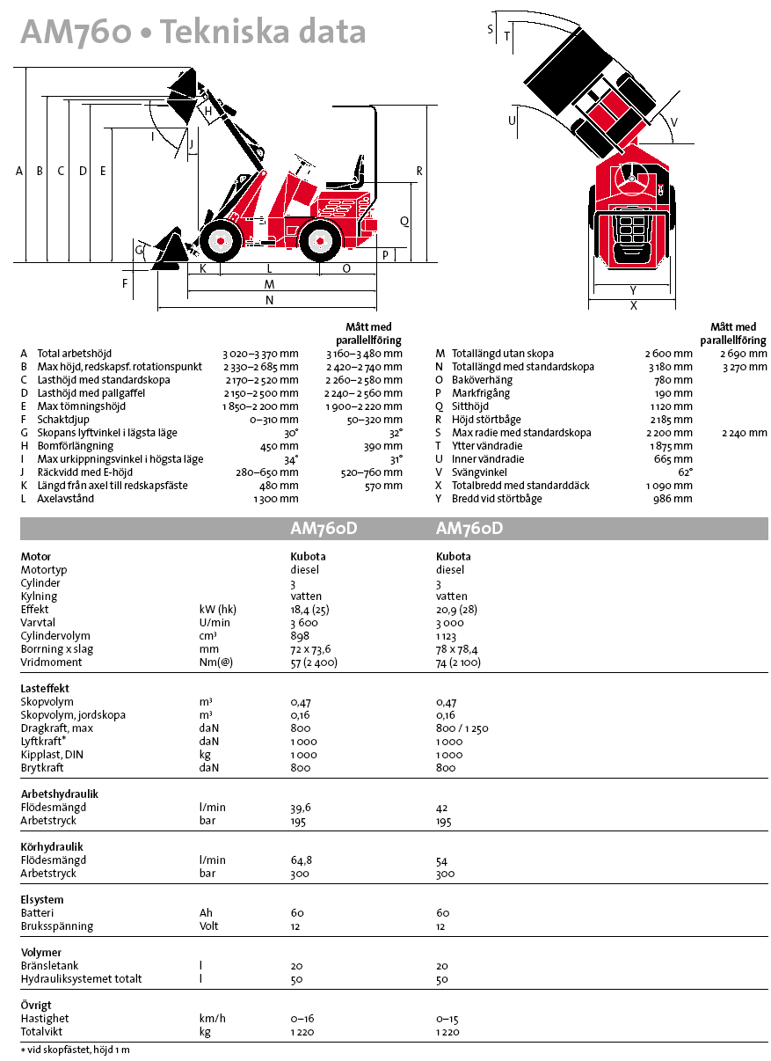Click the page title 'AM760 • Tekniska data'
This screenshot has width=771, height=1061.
click(x=193, y=33)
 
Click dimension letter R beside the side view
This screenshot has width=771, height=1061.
click(x=420, y=171)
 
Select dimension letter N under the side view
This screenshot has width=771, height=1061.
click(x=269, y=300)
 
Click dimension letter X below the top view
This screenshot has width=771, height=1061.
click(x=633, y=305)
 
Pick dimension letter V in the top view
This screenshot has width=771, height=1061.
click(x=674, y=121)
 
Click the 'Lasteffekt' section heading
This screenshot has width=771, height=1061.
click(x=45, y=688)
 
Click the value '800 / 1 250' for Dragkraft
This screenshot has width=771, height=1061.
click(x=462, y=728)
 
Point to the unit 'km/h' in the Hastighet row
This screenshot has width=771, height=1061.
click(x=213, y=1018)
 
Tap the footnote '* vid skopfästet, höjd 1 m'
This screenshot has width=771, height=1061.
click(x=76, y=1050)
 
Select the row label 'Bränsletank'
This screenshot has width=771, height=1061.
click(x=49, y=965)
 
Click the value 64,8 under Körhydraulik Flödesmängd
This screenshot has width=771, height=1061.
click(x=301, y=860)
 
